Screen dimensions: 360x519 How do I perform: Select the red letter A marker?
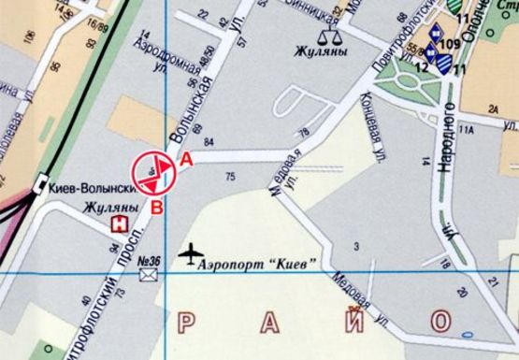[186, 160]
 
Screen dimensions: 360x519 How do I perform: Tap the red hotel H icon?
[119, 223]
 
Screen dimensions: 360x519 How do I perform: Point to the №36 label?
[149, 261]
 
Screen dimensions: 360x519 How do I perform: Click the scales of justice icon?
[329, 36]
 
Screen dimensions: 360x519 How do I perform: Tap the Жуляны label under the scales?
[321, 53]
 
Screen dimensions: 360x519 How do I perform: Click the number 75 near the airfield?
[230, 175]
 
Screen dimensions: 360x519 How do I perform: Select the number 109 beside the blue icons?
[449, 44]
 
